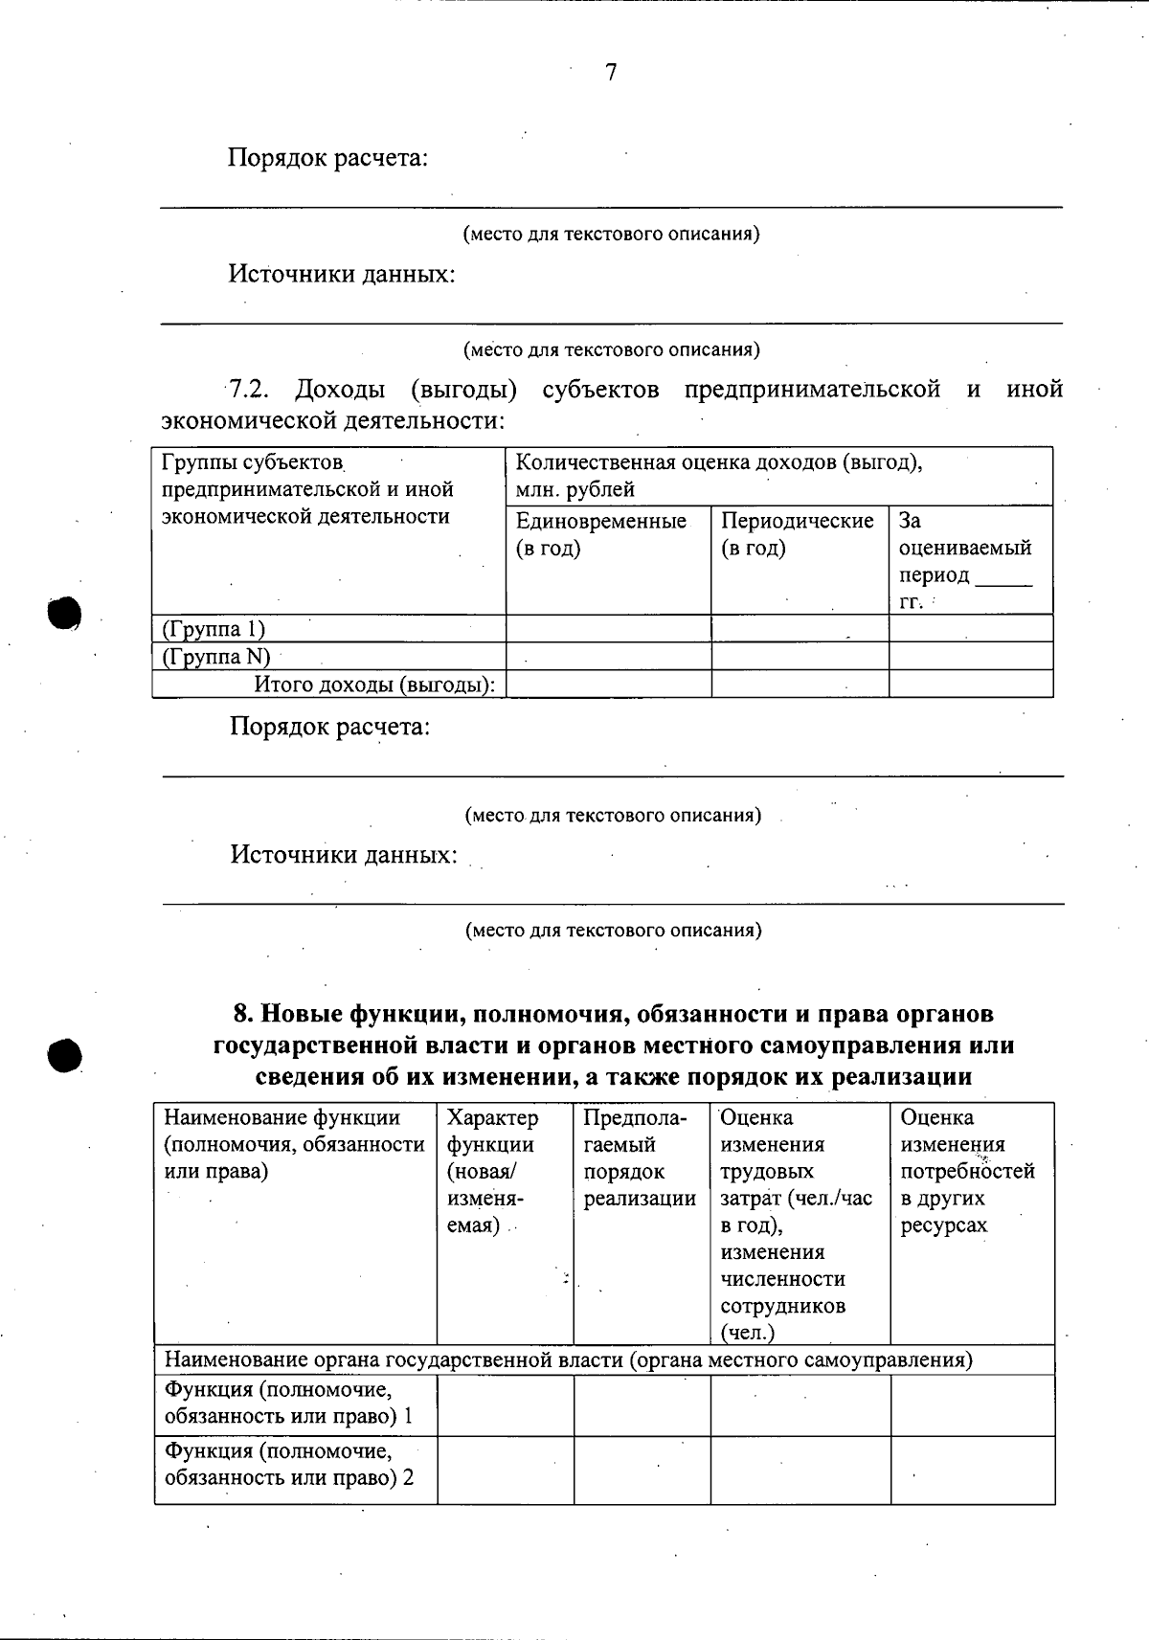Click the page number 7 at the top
[x=611, y=73]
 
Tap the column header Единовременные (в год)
[x=601, y=534]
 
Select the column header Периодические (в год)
[x=797, y=534]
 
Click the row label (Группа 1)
[x=214, y=629]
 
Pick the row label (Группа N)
[x=216, y=657]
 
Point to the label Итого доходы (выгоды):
[x=374, y=685]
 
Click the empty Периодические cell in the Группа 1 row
[x=800, y=629]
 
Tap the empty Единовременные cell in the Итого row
[x=608, y=685]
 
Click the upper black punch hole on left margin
[x=63, y=613]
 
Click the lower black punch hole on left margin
[x=63, y=1054]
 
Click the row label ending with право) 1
[x=288, y=1403]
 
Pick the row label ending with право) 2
[x=288, y=1464]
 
